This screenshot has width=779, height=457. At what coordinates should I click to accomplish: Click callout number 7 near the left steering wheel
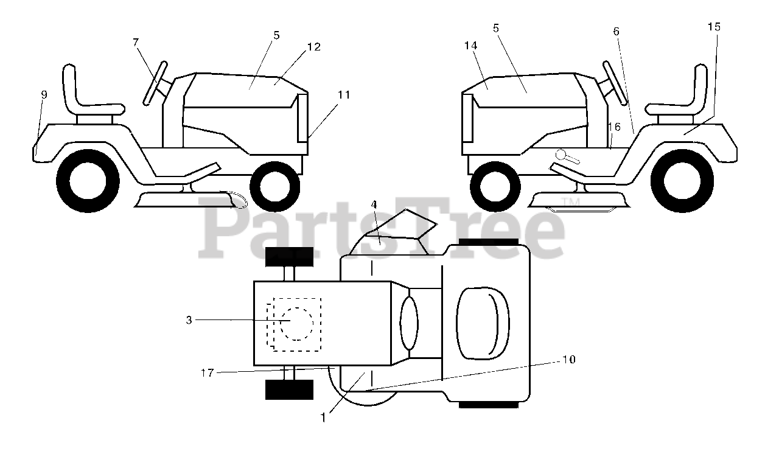pos(135,42)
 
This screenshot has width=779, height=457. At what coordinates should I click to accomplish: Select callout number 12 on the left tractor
pos(314,47)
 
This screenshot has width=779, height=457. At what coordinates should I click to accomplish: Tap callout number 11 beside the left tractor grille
pos(344,94)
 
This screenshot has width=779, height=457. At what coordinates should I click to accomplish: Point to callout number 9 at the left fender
pos(44,94)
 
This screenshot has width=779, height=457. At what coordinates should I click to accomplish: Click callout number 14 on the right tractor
pos(471,46)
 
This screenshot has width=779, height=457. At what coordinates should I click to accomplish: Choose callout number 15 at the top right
pos(714,27)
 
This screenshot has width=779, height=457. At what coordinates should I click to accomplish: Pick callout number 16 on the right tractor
pos(614,127)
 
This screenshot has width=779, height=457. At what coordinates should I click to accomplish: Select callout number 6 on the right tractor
pos(616,30)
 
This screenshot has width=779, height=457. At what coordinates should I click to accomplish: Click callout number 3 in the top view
pos(189,320)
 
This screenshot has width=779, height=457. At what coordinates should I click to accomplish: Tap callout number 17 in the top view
pos(207,373)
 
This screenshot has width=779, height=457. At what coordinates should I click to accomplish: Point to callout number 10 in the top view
pos(568,360)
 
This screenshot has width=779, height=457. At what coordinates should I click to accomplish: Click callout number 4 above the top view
pos(374,205)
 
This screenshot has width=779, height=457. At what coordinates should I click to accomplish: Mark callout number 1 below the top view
pos(324,417)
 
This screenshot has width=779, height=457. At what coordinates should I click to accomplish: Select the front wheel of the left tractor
pos(274,186)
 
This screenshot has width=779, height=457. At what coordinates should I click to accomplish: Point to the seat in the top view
pos(483,323)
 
